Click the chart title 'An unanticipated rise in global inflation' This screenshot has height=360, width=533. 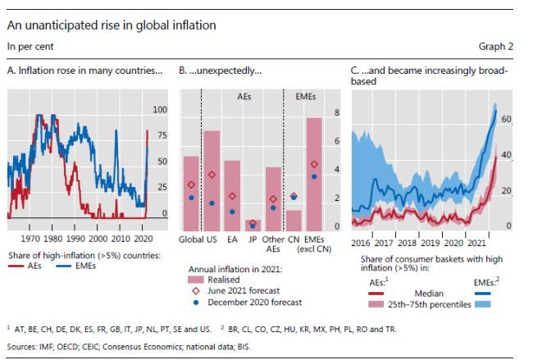(x=112, y=25)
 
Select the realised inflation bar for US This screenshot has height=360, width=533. (x=212, y=180)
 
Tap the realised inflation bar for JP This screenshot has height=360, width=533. (x=252, y=225)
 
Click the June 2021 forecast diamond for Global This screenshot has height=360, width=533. (x=191, y=185)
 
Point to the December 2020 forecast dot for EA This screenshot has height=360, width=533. (x=231, y=212)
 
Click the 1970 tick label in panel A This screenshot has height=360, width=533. (x=30, y=239)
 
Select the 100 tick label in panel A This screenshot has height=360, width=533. (x=160, y=109)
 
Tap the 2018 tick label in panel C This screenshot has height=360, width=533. (x=407, y=244)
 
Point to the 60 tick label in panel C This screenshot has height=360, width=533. (x=507, y=121)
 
